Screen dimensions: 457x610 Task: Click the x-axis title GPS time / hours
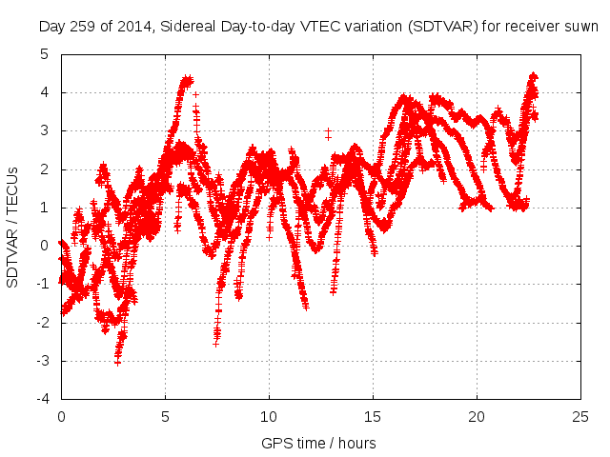318,443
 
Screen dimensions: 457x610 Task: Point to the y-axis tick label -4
42,399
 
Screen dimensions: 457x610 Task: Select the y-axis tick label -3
42,361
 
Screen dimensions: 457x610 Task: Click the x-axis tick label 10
269,417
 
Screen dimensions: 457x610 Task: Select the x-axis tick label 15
373,417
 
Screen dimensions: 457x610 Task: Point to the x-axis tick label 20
477,417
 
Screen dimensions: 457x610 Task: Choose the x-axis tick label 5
165,417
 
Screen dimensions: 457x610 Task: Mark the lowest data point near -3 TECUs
117,361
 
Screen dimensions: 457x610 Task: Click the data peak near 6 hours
187,79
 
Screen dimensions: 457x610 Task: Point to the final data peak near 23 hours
533,76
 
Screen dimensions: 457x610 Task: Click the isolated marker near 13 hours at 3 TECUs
328,131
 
